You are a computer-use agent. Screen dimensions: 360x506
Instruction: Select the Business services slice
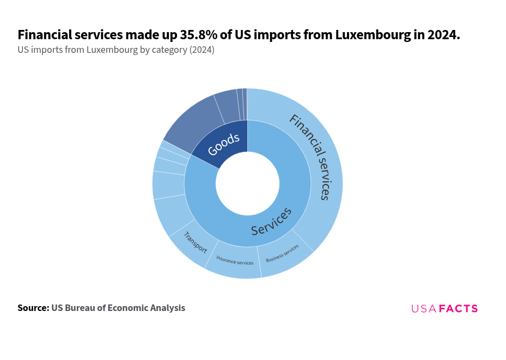tap(284, 256)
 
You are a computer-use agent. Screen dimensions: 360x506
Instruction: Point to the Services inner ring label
tap(271, 222)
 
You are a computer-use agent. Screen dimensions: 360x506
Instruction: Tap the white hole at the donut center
tap(247, 184)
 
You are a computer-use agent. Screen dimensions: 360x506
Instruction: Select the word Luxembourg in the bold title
tap(370, 35)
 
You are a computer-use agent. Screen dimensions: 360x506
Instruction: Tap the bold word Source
tap(33, 308)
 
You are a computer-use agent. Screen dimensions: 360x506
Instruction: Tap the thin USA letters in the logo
tap(424, 309)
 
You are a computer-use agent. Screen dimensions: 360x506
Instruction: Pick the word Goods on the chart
tap(223, 143)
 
